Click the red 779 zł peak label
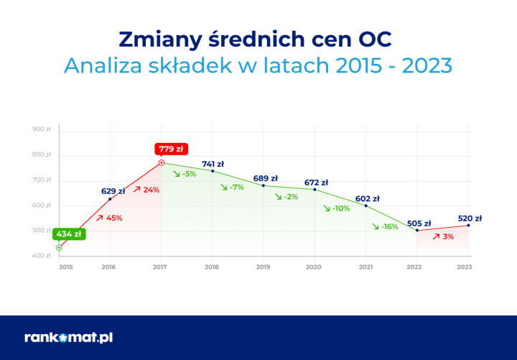coord(171,149)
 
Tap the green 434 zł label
coord(70,234)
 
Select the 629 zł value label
coord(113,191)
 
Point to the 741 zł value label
coord(213,164)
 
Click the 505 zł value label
coord(418,223)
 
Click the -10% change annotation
coord(336,208)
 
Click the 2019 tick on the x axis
coord(263,267)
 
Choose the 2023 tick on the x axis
coord(465,267)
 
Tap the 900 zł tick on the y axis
coord(42,129)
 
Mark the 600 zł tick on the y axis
coord(42,206)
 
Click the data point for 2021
coord(366,206)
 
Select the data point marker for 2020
coord(315,189)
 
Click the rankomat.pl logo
coord(68,337)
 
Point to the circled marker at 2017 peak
coord(161,162)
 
